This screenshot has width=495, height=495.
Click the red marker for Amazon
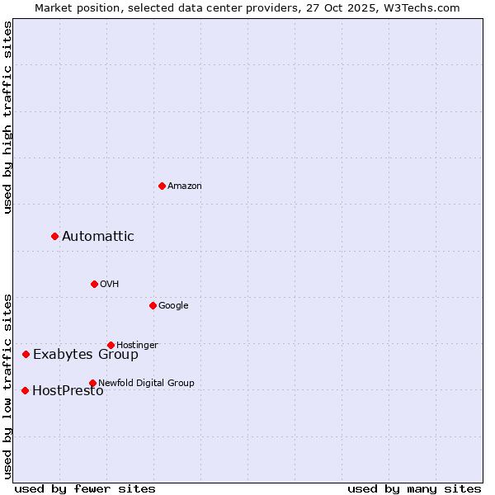point(162,186)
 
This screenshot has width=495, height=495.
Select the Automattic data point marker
point(54,237)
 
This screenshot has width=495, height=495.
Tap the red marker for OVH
point(94,284)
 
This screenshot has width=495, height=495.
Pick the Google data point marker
point(153,305)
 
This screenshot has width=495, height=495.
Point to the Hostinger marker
point(111,345)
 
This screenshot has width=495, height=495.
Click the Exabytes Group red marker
point(26,354)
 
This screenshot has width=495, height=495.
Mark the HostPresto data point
point(25,390)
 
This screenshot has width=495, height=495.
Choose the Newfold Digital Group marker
point(92,383)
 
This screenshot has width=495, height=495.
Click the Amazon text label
point(185,186)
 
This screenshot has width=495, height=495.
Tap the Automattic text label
point(98,237)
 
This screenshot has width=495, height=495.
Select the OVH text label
point(110,285)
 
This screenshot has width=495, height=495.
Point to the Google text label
point(173,306)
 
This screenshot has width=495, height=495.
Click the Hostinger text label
point(137,345)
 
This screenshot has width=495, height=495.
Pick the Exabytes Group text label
point(86,355)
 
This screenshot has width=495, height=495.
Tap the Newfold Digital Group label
point(146,383)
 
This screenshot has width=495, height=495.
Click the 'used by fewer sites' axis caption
point(85,488)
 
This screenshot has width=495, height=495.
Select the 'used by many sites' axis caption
point(414,488)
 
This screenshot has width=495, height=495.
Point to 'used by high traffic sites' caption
point(7,117)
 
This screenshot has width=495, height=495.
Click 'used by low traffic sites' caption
point(7,386)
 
